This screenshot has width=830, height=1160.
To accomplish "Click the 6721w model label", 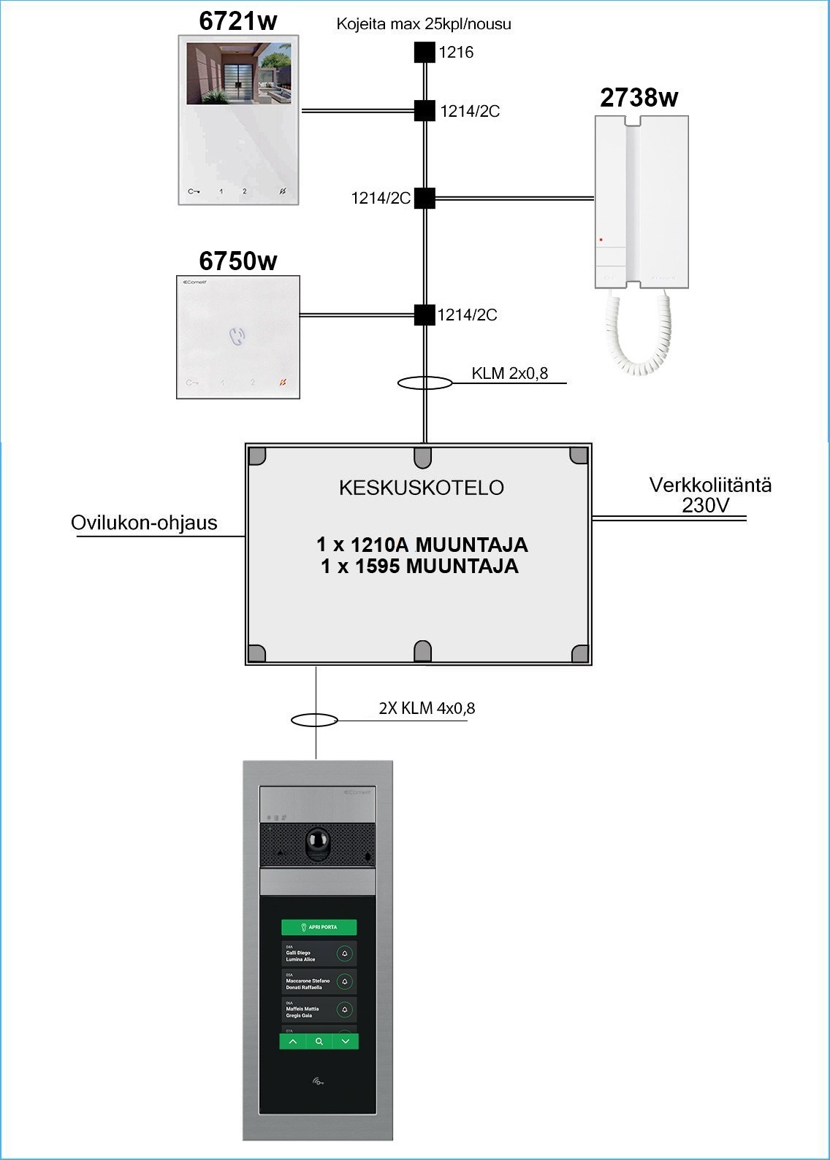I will pyautogui.click(x=237, y=21).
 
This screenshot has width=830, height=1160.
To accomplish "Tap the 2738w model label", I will pyautogui.click(x=639, y=98).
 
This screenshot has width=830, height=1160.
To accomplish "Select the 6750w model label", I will pyautogui.click(x=238, y=261).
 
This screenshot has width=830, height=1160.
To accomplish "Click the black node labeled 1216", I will pyautogui.click(x=424, y=53).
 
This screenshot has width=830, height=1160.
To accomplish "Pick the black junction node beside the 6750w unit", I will pyautogui.click(x=424, y=315).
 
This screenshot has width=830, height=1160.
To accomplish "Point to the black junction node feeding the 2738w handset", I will pyautogui.click(x=424, y=198).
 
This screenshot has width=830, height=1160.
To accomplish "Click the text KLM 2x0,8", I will pyautogui.click(x=509, y=374).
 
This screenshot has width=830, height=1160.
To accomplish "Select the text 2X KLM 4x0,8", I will pyautogui.click(x=427, y=708).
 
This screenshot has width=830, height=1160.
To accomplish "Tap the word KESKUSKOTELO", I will pyautogui.click(x=422, y=488).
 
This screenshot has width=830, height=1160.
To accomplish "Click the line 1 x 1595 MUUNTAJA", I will pyautogui.click(x=419, y=566).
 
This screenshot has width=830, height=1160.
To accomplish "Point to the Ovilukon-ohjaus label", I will pyautogui.click(x=144, y=523).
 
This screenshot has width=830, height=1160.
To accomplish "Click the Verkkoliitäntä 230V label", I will pyautogui.click(x=709, y=495).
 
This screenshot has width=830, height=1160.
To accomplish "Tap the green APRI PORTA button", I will pyautogui.click(x=319, y=927).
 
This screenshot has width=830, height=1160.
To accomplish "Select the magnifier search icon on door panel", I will pyautogui.click(x=319, y=1042).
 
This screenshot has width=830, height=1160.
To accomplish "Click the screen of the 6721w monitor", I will pyautogui.click(x=238, y=73).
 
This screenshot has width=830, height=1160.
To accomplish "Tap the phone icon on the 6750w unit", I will pyautogui.click(x=237, y=336).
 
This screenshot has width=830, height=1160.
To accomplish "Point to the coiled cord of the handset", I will pyautogui.click(x=637, y=332).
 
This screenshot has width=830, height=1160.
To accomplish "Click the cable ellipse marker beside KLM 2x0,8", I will pyautogui.click(x=424, y=383).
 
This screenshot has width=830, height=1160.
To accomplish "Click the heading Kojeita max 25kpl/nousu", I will pyautogui.click(x=424, y=24).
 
